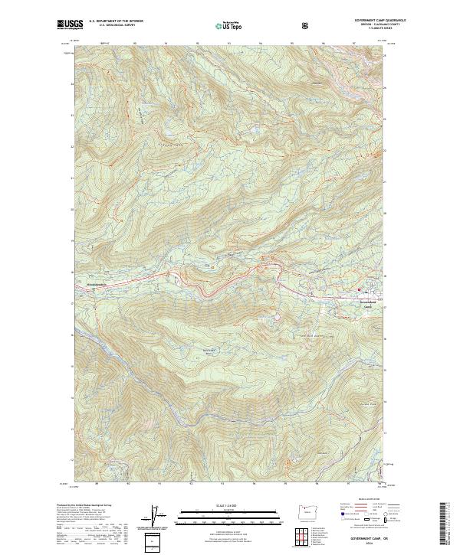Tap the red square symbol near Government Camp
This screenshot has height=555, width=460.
click(358, 289)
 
